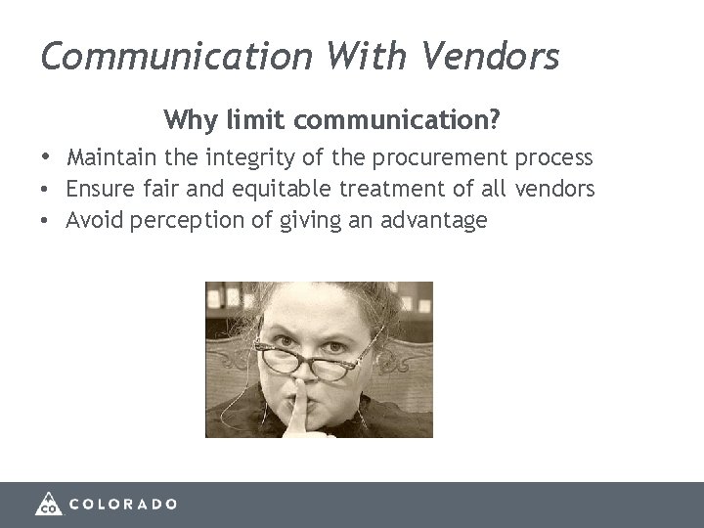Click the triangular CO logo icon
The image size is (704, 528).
coord(49,503)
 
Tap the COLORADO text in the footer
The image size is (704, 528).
coord(123,505)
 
